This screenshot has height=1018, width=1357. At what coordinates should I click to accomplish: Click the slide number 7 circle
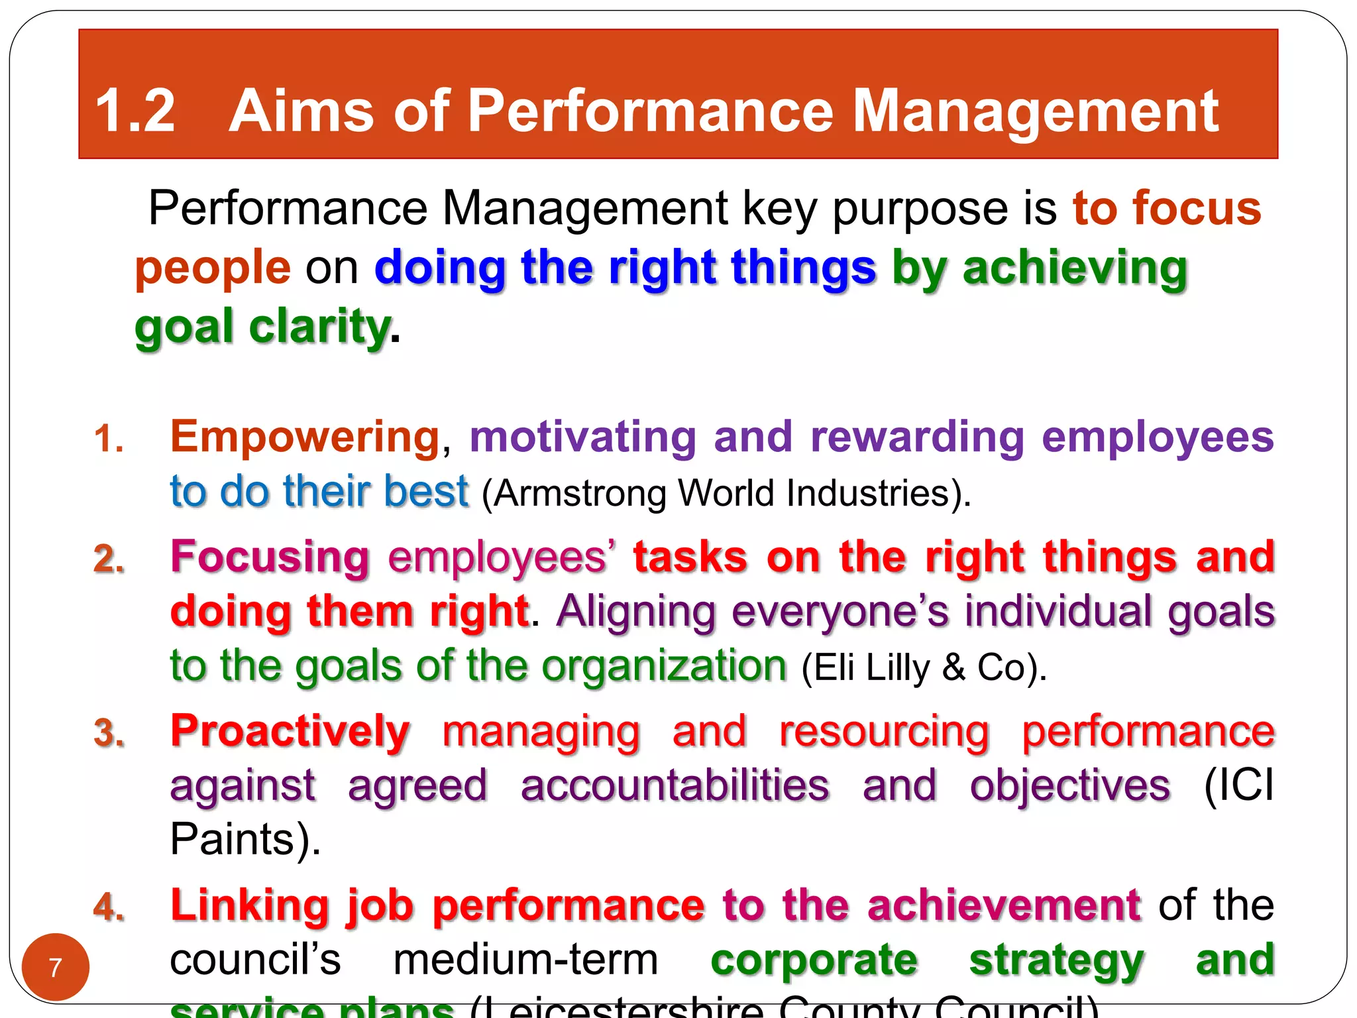[x=56, y=968]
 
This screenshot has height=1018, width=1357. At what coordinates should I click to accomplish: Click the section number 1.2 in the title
[x=136, y=111]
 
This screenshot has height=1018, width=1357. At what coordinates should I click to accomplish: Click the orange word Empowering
[x=305, y=437]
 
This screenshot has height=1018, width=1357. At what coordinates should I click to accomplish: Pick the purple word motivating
[x=582, y=437]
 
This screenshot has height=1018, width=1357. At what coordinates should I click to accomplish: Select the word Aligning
[x=636, y=611]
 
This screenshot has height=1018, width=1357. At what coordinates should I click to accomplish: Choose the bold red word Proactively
[x=290, y=732]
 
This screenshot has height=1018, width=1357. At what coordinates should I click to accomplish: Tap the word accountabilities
[x=675, y=786]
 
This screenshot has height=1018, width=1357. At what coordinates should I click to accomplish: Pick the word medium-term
[x=525, y=960]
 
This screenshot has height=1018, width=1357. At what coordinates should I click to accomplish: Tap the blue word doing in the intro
[x=440, y=268]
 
